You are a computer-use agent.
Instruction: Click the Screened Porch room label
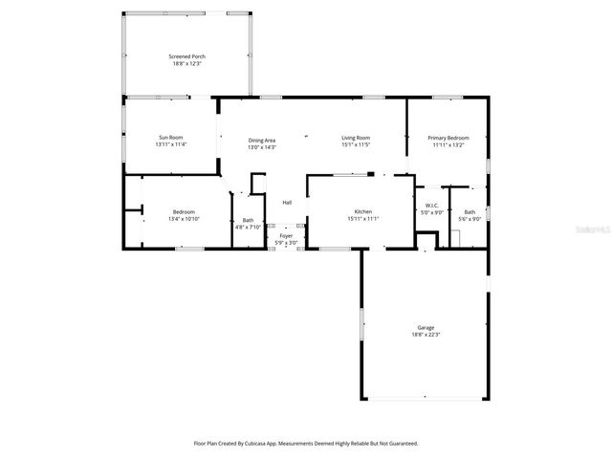(x=188, y=56)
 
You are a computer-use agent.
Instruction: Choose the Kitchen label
(x=362, y=211)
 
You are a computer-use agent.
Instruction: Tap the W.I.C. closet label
(x=431, y=207)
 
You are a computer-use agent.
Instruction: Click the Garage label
(x=426, y=327)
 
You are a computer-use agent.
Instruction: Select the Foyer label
(x=286, y=235)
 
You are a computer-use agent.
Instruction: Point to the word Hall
(x=287, y=202)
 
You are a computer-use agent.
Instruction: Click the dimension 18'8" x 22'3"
(x=426, y=335)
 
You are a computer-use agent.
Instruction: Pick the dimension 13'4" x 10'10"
(x=184, y=219)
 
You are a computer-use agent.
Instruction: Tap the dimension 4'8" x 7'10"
(x=248, y=227)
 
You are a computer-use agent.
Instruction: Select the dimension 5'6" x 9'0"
(x=470, y=219)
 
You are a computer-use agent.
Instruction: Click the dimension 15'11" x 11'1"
(x=363, y=219)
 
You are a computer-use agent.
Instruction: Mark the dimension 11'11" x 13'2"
(x=448, y=145)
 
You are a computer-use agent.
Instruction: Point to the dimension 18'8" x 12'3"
(x=188, y=64)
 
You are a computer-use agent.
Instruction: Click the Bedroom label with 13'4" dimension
(x=184, y=211)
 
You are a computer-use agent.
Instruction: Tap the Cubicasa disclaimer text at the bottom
(x=306, y=444)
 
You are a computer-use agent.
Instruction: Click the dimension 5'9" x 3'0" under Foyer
(x=286, y=243)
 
